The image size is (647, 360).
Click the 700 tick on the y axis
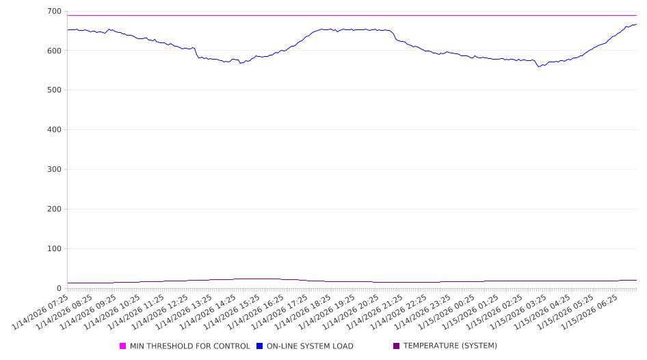54,12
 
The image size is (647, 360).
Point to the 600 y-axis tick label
54,51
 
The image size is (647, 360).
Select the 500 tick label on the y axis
54,90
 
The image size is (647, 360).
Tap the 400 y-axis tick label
54,130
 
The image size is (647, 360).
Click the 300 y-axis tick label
54,170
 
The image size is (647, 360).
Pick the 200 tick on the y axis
54,209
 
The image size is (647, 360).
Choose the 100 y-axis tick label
54,249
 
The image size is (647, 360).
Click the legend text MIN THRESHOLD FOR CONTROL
189,346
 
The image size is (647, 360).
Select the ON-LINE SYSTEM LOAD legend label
310,346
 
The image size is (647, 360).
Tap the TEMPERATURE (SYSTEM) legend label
450,346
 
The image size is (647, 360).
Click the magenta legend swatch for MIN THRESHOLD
123,346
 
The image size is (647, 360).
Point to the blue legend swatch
260,346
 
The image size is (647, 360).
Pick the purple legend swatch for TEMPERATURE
397,346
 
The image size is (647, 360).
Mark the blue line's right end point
637,25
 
